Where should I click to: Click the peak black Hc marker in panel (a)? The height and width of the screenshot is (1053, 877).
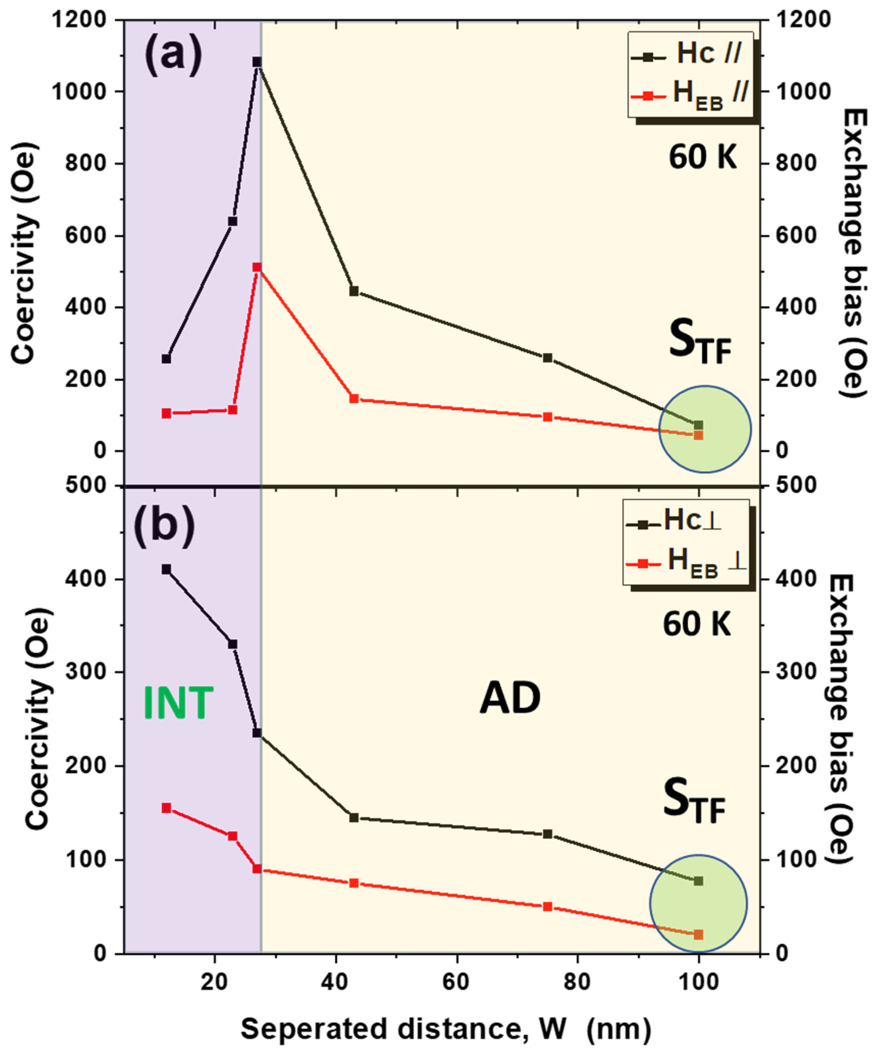[x=257, y=62]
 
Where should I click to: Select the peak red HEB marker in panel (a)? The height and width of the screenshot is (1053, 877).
[x=257, y=267]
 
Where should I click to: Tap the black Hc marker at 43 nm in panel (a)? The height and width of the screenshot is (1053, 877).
[x=354, y=291]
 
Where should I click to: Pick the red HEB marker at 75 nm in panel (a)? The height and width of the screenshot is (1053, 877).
[x=548, y=417]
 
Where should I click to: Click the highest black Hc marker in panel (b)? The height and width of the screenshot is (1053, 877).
[x=166, y=569]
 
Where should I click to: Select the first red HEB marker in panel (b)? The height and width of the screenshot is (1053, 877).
[x=166, y=808]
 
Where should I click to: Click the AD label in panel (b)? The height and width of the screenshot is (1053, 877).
[x=510, y=699]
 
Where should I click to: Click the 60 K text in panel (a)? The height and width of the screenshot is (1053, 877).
[x=703, y=157]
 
